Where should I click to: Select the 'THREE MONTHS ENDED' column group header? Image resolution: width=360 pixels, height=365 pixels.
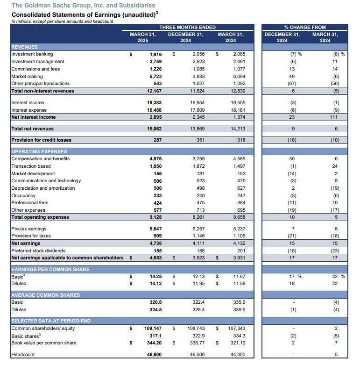187,27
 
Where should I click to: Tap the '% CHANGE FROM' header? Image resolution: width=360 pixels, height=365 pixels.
305,27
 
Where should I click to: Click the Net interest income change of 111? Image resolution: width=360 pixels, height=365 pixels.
335,117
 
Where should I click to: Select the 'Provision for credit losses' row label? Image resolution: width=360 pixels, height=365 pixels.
39,140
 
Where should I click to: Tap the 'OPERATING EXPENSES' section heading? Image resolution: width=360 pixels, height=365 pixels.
39,151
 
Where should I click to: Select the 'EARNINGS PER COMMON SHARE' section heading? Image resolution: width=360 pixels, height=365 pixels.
50,269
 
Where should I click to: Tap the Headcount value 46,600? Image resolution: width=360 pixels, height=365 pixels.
154,355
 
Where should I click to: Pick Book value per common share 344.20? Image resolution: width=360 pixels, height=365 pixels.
154,343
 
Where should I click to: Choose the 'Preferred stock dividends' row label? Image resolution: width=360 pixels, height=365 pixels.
38,250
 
